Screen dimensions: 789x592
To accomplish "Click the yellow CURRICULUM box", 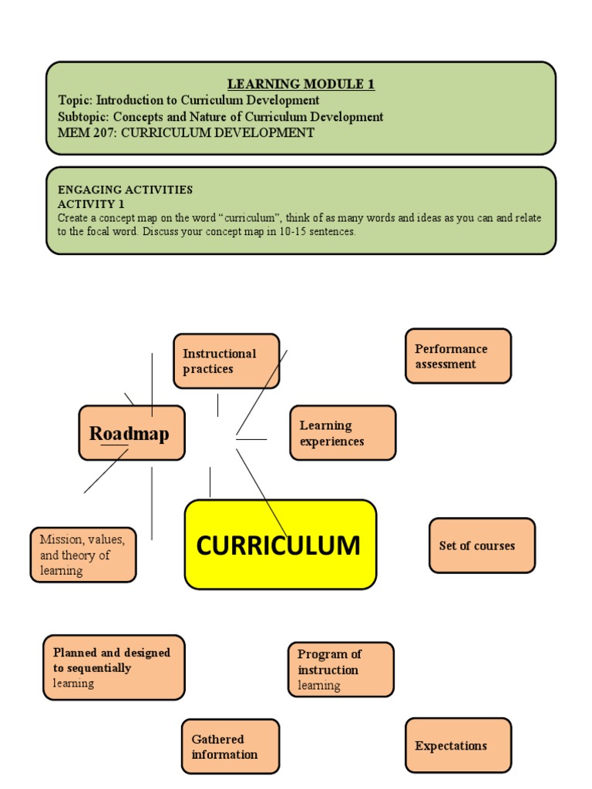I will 281,544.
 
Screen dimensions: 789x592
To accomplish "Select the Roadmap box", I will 132,433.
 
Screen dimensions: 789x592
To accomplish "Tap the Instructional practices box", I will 227,361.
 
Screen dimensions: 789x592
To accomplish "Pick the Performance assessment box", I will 458,356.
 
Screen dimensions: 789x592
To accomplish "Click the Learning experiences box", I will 342,433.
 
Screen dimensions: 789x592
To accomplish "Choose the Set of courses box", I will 482,546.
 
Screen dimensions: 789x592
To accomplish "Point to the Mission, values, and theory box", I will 83,555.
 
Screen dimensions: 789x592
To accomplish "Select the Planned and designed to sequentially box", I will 114,667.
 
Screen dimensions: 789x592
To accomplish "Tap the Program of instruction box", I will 341,670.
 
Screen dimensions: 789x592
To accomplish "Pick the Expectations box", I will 458,745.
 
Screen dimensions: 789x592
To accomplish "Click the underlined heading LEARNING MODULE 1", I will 301,84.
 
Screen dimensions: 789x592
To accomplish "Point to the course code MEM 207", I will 86,133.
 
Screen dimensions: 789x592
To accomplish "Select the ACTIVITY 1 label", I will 91,204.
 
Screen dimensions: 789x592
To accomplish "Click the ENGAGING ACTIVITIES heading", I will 125,190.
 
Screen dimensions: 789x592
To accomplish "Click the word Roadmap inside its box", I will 129,433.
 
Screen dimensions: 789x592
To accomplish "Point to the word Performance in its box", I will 451,348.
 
